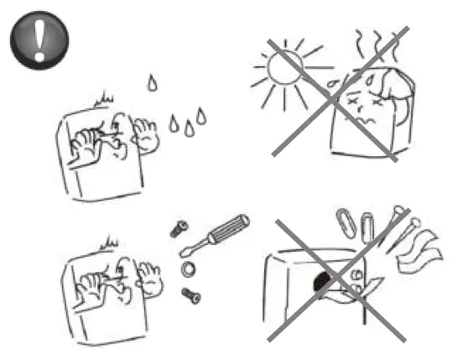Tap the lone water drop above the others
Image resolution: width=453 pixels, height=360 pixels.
coord(151,82)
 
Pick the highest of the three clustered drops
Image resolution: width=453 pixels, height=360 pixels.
coord(201,115)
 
